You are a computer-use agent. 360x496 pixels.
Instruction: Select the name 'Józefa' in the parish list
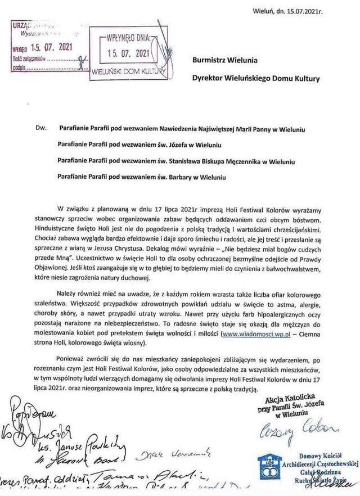pos(184,145)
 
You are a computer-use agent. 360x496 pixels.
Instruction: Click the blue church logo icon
pos(268,466)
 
